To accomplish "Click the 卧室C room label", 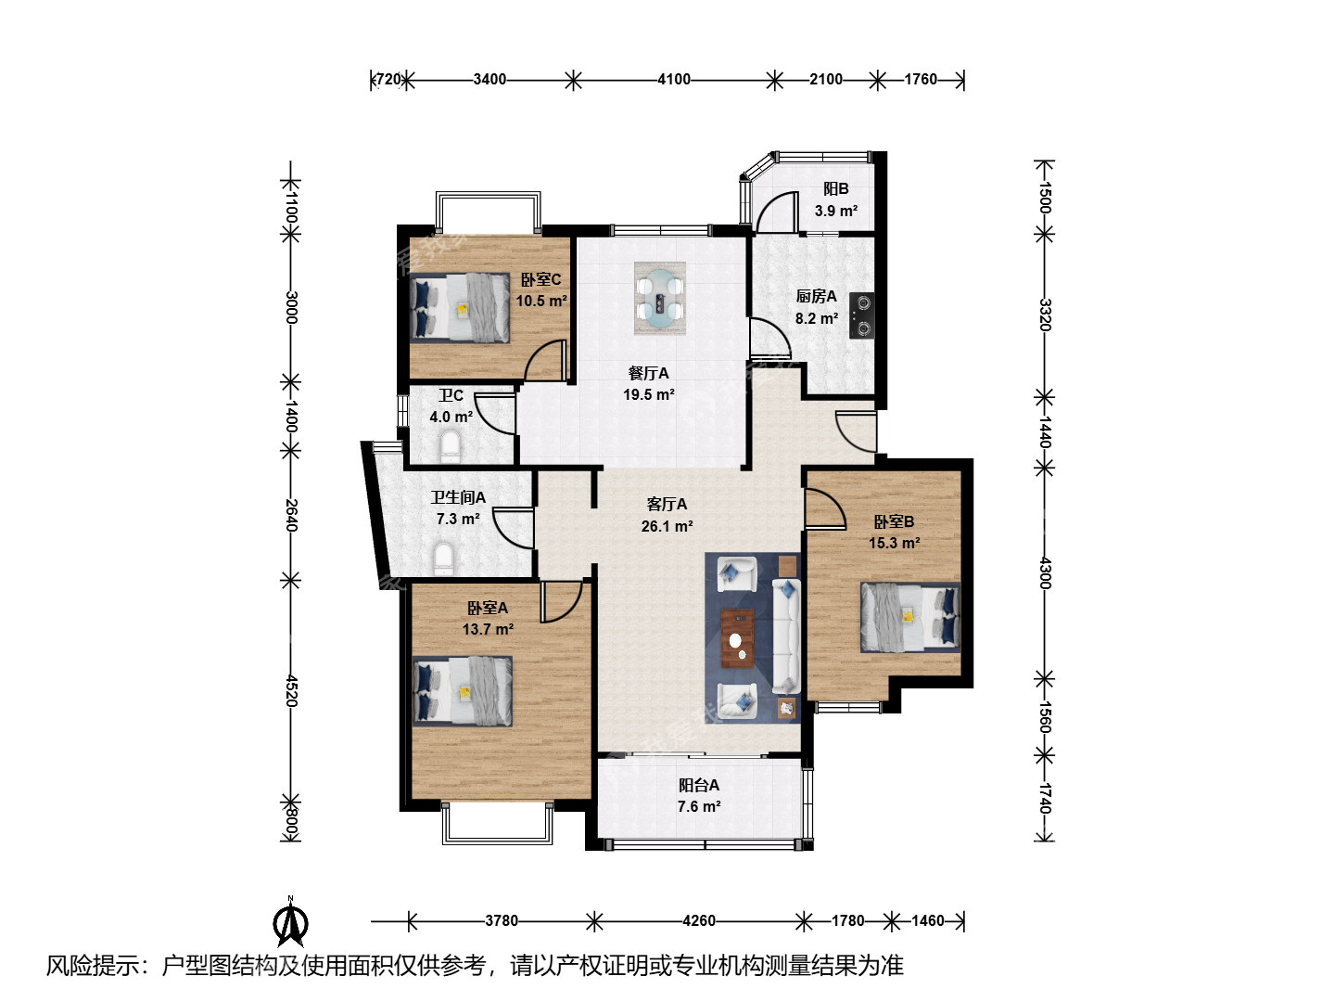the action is coord(540,280).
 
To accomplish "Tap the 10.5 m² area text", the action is coord(541,301).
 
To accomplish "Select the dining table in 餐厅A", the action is coord(660,298).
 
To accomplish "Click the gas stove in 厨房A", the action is coord(862,315).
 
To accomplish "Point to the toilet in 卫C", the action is coord(450,446).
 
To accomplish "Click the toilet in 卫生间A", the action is coord(444,559).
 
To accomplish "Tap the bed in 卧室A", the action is coord(463,691).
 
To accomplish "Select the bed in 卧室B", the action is coord(910,617).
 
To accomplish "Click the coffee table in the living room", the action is coord(737,638).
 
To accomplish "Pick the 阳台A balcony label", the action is coord(699,785).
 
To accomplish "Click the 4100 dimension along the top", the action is coord(674,80).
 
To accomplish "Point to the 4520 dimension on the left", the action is coord(291,690).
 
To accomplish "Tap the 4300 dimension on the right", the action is coord(1044,572).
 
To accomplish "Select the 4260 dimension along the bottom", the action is coord(699,920).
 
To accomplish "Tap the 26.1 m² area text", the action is coord(667,526).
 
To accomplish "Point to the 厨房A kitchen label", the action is coord(816,297).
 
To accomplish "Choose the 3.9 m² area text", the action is coord(836,212).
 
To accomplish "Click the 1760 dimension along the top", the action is coord(921,80).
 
